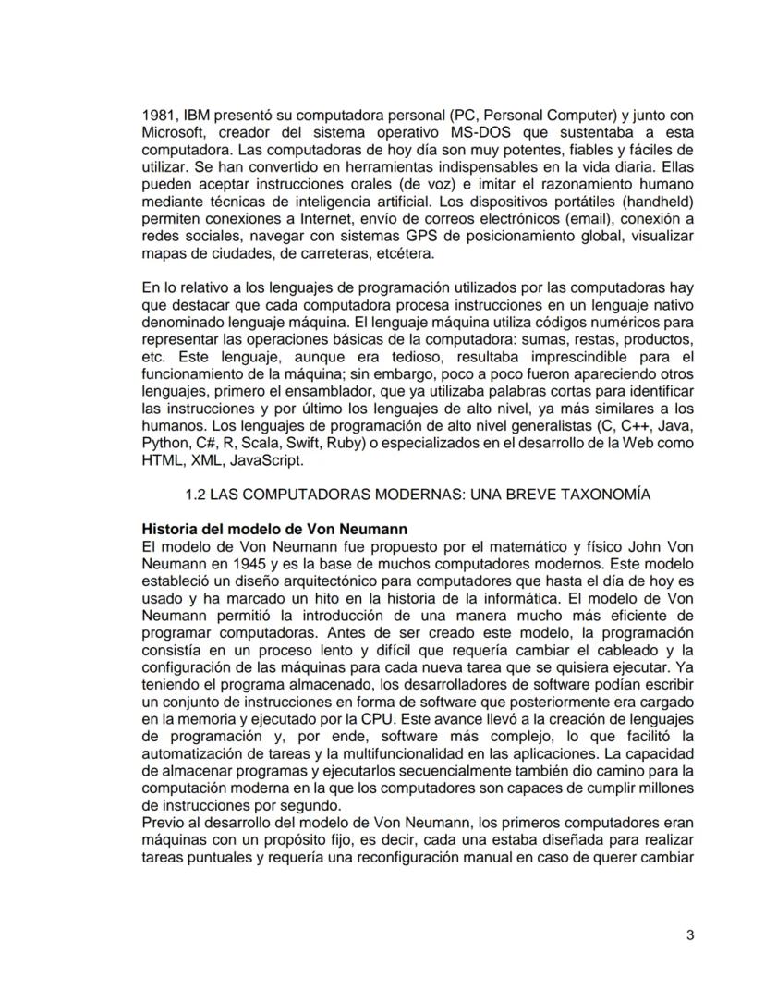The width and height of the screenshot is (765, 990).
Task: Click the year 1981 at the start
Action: click(158, 117)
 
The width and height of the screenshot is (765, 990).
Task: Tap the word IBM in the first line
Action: click(199, 117)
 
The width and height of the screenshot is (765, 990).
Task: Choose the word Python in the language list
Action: click(164, 442)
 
